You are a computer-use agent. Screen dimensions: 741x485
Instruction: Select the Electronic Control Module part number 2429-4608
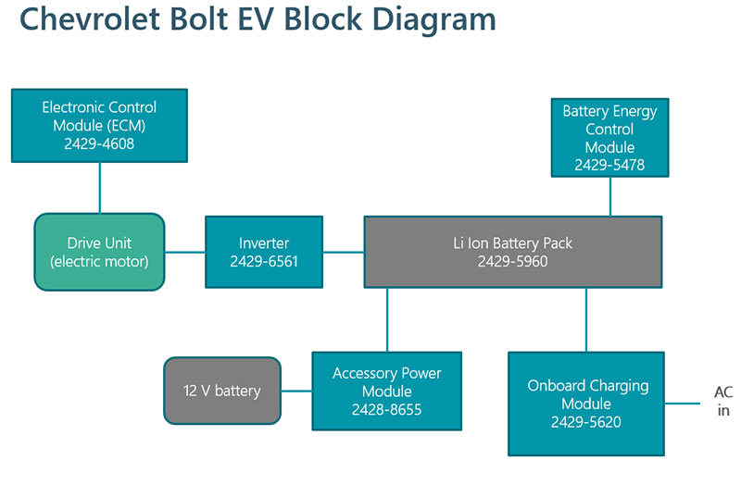(x=99, y=143)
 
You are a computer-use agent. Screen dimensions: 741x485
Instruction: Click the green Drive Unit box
(x=99, y=252)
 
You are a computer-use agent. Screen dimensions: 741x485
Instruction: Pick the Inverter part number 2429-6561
(x=264, y=261)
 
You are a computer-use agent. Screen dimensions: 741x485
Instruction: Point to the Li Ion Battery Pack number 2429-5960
(x=513, y=261)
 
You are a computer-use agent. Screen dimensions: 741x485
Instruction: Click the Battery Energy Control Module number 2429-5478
(x=609, y=165)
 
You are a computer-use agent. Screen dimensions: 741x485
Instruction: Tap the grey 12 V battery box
(x=222, y=391)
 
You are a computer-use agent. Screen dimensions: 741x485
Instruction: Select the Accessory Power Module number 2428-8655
(x=386, y=409)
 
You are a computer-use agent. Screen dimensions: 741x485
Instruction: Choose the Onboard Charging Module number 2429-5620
(x=586, y=422)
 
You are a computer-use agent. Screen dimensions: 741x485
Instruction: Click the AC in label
(x=723, y=401)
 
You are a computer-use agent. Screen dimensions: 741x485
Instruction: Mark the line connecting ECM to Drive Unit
(x=100, y=188)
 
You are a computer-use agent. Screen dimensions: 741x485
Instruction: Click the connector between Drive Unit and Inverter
(x=184, y=252)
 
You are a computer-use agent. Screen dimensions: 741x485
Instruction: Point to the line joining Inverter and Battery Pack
(x=344, y=252)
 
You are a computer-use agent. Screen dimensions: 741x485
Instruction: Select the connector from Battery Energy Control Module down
(x=610, y=197)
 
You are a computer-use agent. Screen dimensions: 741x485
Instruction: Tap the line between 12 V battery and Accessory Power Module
(x=296, y=391)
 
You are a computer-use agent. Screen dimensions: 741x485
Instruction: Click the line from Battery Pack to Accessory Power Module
(x=387, y=319)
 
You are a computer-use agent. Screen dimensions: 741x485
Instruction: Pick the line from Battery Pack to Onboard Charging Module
(x=586, y=319)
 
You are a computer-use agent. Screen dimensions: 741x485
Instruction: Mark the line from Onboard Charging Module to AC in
(x=682, y=404)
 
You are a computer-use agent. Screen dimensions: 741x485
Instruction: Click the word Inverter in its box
(x=264, y=242)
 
